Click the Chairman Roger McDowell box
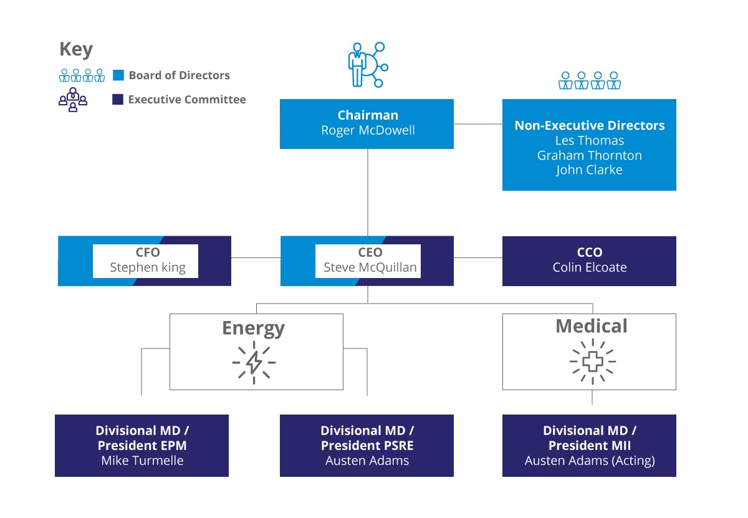pyautogui.click(x=367, y=124)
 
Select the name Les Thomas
pyautogui.click(x=590, y=141)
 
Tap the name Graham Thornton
pyautogui.click(x=590, y=156)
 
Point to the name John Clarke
pyautogui.click(x=590, y=170)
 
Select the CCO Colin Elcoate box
pyautogui.click(x=590, y=261)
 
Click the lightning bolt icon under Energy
pyautogui.click(x=254, y=362)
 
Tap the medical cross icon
pyautogui.click(x=593, y=362)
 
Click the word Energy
pyautogui.click(x=254, y=329)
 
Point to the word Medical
pyautogui.click(x=592, y=326)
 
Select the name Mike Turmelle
pyautogui.click(x=142, y=461)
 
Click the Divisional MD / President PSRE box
pyautogui.click(x=367, y=446)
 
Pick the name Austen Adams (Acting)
pyautogui.click(x=590, y=461)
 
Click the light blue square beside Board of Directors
pyautogui.click(x=118, y=75)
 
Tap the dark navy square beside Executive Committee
pyautogui.click(x=118, y=99)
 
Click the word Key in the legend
pyautogui.click(x=76, y=49)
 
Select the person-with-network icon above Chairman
pyautogui.click(x=368, y=65)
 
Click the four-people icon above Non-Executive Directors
pyautogui.click(x=590, y=80)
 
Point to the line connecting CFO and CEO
pyautogui.click(x=256, y=257)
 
